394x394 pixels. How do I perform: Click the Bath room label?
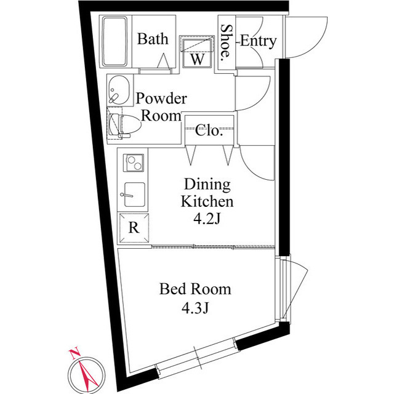153,39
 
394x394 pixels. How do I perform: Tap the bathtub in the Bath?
115,42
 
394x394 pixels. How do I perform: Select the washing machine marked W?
197,52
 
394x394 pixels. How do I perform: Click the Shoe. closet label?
226,42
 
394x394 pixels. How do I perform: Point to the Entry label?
258,41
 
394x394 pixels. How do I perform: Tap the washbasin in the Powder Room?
119,90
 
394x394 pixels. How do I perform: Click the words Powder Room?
161,107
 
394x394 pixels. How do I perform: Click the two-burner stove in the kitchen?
134,163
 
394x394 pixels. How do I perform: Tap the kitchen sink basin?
134,195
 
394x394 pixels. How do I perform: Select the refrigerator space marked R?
134,228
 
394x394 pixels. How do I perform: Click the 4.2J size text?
207,219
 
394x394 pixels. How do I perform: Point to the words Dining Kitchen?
207,193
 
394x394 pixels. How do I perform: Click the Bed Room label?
195,289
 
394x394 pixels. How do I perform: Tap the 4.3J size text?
195,308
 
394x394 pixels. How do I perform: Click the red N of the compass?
74,353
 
